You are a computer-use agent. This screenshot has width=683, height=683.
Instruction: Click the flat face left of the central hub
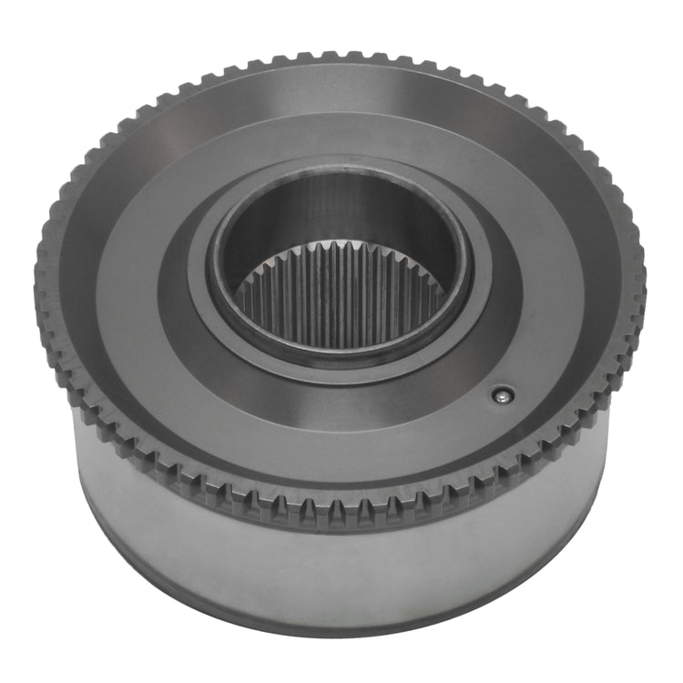[127, 291]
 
